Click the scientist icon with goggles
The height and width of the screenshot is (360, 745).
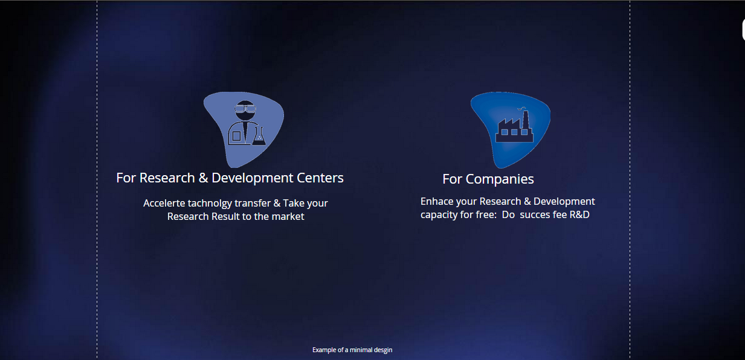coord(247,123)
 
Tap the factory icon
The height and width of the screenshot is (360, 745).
coord(514,126)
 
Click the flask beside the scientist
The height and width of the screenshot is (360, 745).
coord(259,137)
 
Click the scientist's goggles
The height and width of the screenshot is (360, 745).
coord(245,109)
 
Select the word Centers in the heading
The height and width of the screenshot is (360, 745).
coord(320,178)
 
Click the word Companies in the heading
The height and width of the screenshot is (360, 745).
coord(500,179)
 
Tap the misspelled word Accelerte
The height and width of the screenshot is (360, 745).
coord(164,203)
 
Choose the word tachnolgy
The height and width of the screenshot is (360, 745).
coord(210,204)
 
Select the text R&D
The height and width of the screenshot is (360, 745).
coord(579,215)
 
